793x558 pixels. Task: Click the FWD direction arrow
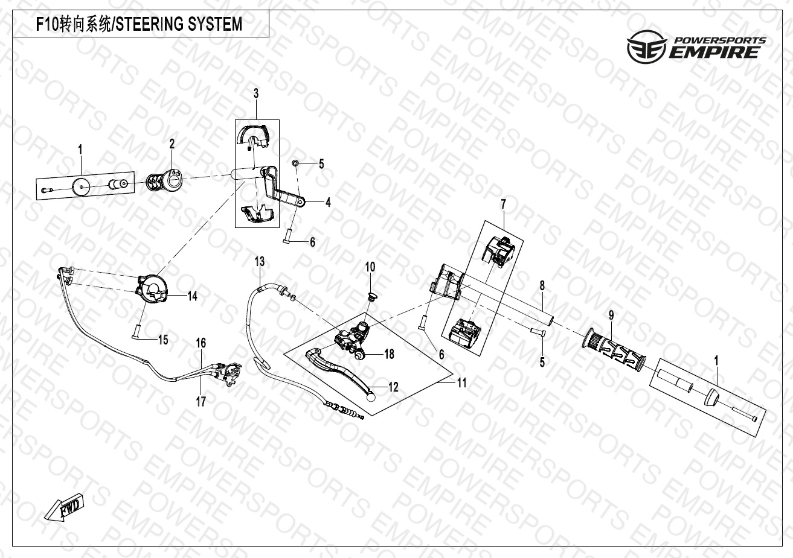(65, 507)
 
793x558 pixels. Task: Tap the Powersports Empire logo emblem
(646, 46)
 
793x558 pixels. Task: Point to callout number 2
(172, 144)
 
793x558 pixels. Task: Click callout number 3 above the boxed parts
(256, 94)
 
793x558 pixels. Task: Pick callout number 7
(503, 204)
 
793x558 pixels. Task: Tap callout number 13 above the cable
(260, 262)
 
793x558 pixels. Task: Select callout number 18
(389, 354)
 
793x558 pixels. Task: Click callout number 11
(461, 382)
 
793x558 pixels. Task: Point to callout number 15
(163, 340)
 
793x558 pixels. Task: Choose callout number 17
(201, 401)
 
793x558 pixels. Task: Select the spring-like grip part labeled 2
(165, 182)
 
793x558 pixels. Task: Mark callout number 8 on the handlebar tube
(542, 286)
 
